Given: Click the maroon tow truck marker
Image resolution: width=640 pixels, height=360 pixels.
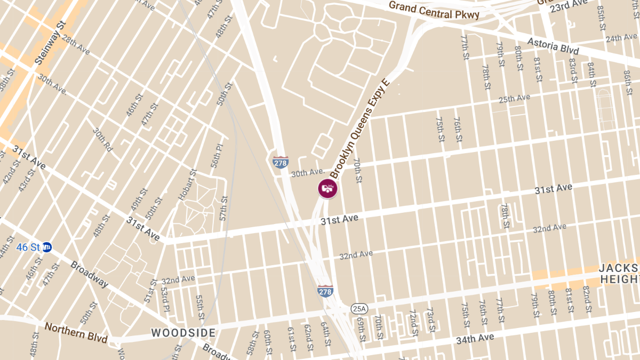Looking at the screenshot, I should [x=328, y=189].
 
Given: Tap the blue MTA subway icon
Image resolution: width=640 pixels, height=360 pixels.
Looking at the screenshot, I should [x=47, y=247].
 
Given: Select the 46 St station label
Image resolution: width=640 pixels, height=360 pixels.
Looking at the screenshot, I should [x=28, y=247].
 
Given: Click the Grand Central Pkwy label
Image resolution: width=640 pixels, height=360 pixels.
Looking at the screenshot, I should [x=434, y=10].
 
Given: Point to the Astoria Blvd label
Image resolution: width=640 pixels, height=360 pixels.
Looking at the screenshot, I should [x=553, y=45].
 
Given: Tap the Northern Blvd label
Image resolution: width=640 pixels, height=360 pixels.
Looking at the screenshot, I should [x=76, y=333].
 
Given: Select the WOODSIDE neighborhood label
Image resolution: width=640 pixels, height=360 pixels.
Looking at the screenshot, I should [x=183, y=333].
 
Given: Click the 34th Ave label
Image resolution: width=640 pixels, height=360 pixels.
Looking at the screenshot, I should [x=475, y=339].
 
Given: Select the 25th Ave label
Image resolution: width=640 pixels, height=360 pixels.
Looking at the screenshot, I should [x=514, y=99].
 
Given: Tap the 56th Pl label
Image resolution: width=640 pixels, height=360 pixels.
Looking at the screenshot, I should [x=217, y=156].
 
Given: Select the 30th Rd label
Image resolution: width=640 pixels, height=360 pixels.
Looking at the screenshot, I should [x=102, y=140].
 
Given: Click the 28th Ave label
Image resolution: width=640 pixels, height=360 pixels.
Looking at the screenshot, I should [x=76, y=45].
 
